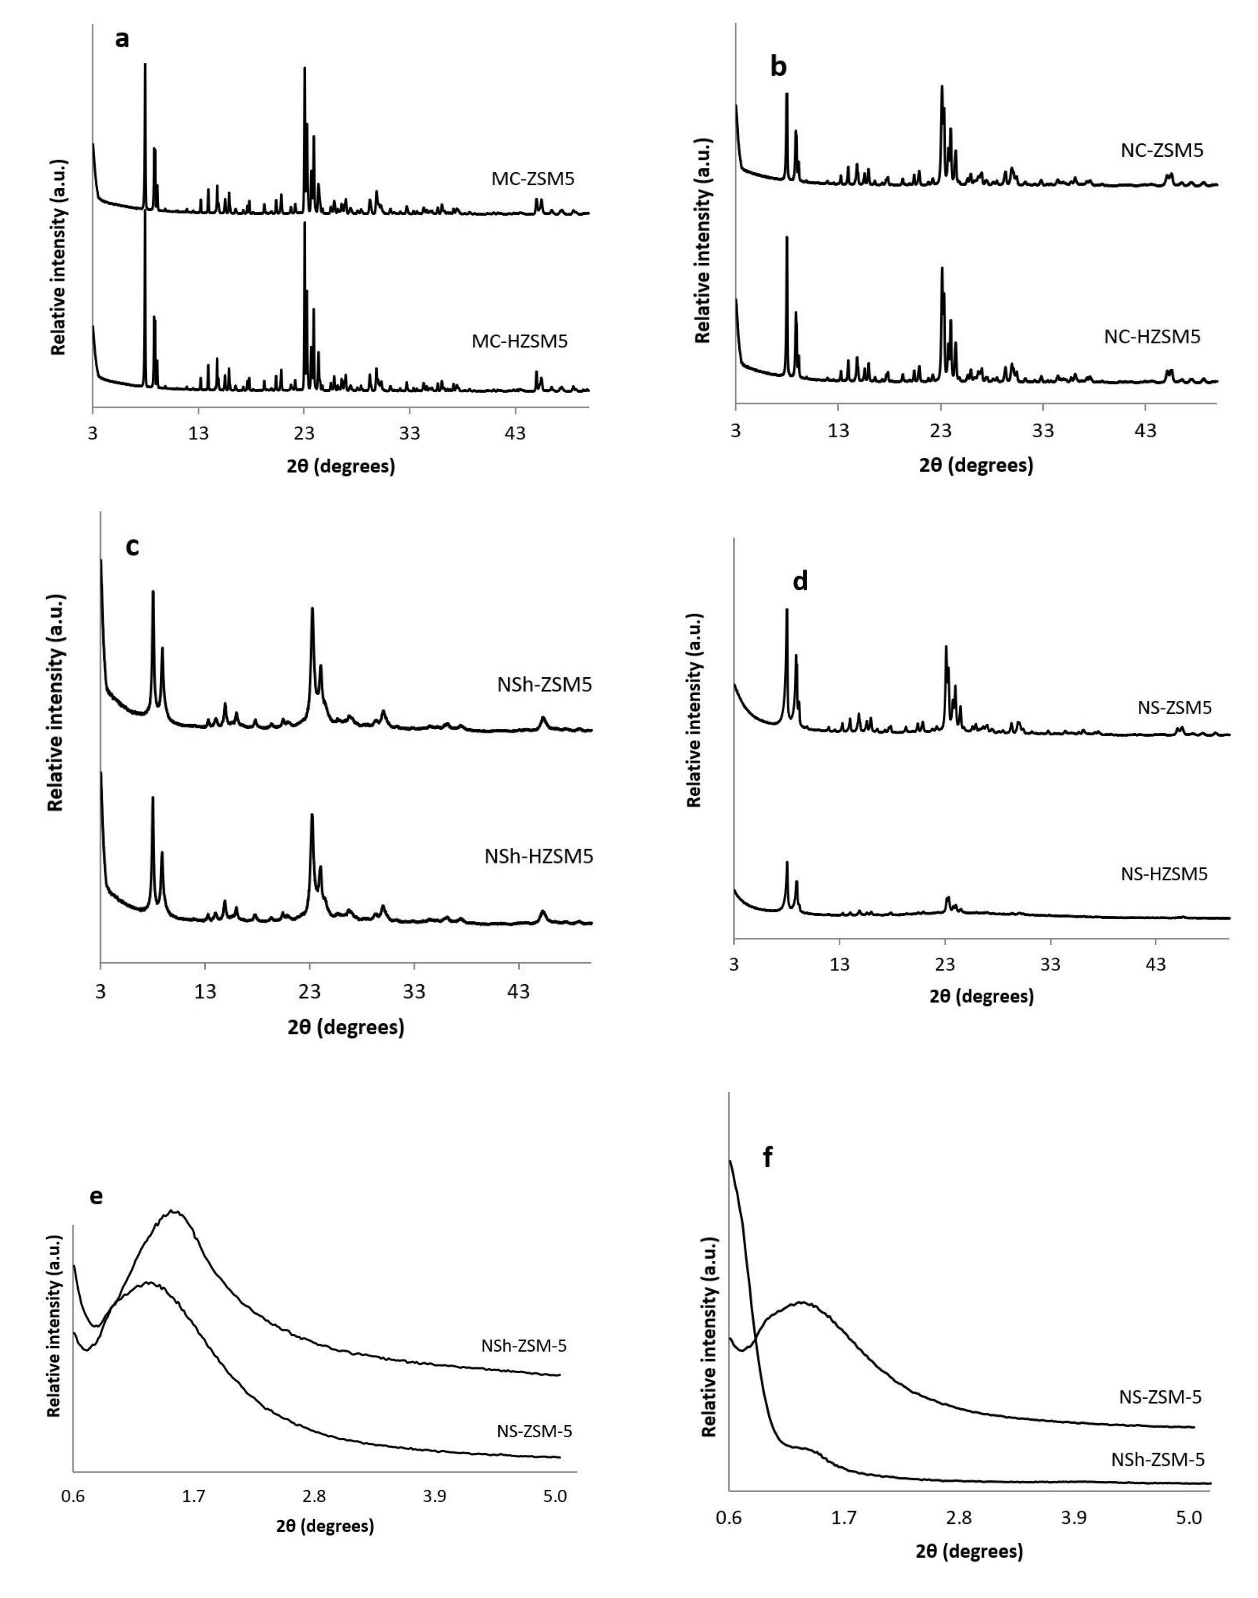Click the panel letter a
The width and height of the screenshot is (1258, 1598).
pyautogui.click(x=122, y=39)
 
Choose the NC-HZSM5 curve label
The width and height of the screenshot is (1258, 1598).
pyautogui.click(x=1152, y=337)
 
